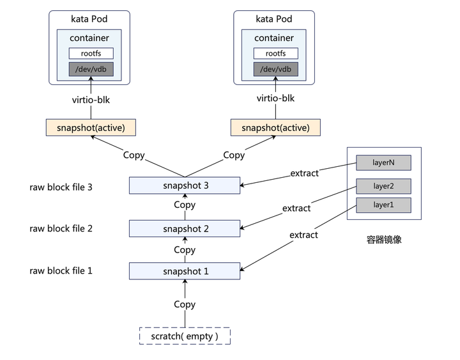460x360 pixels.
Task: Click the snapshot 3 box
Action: (185, 186)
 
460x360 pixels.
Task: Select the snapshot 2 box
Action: (185, 228)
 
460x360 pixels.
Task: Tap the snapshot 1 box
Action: (185, 271)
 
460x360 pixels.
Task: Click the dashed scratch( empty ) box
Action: (185, 336)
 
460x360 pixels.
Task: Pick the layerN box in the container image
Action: (383, 162)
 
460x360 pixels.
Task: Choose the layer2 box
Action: (383, 186)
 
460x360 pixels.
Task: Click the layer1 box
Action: (383, 205)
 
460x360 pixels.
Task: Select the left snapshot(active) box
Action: (91, 127)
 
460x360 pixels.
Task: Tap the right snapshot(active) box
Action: (275, 127)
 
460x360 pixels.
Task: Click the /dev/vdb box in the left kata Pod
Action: (91, 69)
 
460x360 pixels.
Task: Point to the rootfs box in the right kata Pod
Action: (275, 54)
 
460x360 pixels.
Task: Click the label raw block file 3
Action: (61, 187)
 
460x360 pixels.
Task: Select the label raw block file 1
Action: (61, 270)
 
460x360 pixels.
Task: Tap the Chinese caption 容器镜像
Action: (384, 240)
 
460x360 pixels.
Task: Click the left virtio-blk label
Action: (91, 98)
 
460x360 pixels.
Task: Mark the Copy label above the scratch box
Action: (185, 304)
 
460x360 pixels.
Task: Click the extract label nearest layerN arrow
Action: (304, 173)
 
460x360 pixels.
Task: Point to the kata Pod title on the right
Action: (275, 19)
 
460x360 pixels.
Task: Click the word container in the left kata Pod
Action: (89, 38)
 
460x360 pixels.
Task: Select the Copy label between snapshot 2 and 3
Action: (185, 205)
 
